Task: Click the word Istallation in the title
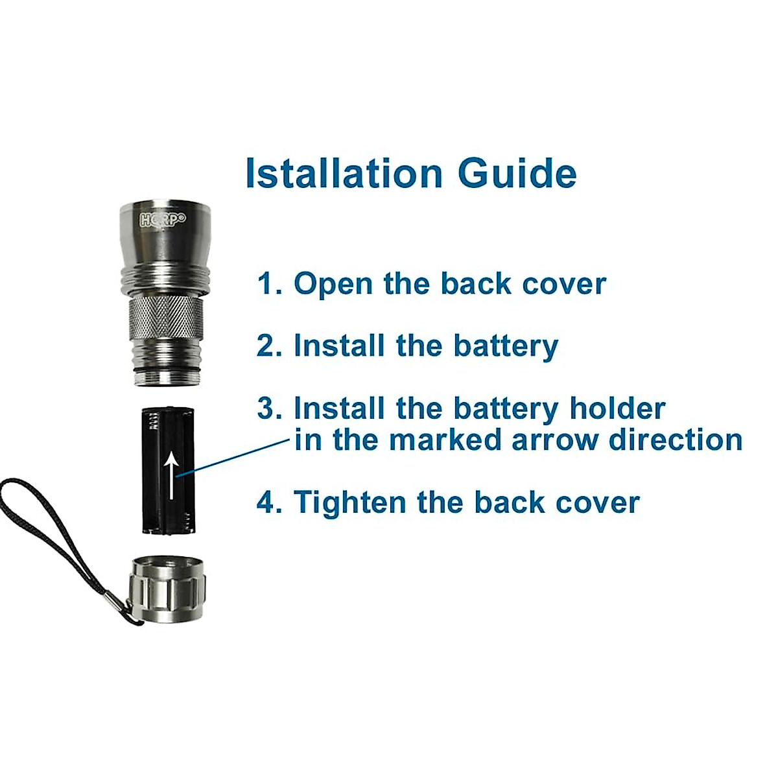click(x=344, y=173)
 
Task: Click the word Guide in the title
click(x=517, y=173)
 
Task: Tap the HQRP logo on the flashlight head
click(x=163, y=219)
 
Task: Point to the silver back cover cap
click(x=167, y=589)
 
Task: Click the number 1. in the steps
click(x=270, y=284)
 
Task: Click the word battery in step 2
click(x=505, y=346)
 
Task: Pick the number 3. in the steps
click(x=270, y=408)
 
